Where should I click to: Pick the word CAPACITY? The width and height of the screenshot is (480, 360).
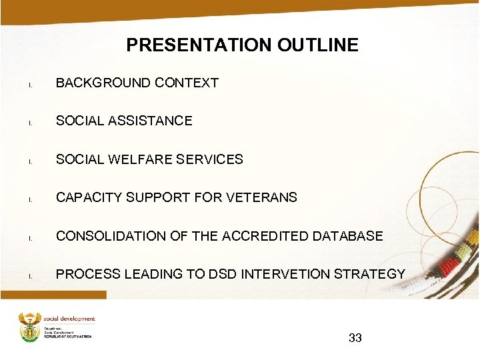[84, 197]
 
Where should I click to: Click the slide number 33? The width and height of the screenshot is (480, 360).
[355, 338]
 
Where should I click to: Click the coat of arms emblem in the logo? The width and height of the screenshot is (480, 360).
[30, 327]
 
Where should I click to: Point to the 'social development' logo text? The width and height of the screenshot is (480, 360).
[69, 319]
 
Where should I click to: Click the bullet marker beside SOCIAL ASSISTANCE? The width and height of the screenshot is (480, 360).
[30, 123]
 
